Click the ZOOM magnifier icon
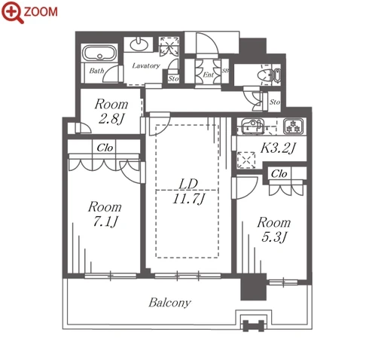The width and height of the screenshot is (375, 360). click(12, 12)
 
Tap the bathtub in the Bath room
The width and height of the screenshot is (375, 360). click(99, 53)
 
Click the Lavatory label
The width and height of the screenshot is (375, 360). click(146, 66)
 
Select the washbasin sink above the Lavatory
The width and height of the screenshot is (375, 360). click(139, 44)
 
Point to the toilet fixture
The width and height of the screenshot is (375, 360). click(269, 75)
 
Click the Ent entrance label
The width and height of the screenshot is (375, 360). click(209, 75)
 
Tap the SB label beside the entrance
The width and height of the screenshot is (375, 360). click(225, 71)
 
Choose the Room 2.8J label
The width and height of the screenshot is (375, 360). click(111, 111)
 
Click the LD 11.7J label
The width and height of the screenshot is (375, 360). click(188, 191)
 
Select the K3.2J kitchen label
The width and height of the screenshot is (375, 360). click(278, 148)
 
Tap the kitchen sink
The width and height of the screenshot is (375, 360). click(253, 126)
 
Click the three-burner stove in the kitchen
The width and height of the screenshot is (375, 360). click(293, 126)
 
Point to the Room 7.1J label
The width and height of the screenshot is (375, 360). click(105, 214)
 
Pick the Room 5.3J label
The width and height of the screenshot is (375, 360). click(274, 230)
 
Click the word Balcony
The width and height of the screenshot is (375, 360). click(169, 303)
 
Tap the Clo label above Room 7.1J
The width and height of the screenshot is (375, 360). click(105, 148)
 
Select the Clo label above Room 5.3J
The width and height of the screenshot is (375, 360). click(279, 174)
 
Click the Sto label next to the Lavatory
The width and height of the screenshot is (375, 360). click(173, 78)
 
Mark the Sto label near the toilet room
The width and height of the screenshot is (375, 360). click(275, 102)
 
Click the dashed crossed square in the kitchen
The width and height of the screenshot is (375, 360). click(246, 160)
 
